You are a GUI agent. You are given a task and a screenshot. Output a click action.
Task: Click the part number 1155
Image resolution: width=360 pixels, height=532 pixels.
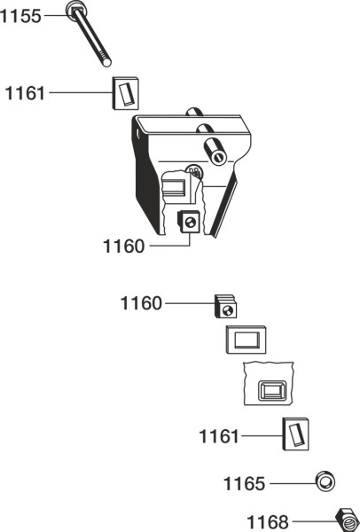point(20,16)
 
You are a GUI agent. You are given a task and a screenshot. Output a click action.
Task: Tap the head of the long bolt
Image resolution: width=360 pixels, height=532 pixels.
point(76,11)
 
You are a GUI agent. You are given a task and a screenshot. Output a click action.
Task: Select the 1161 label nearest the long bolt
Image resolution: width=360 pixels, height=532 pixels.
point(25,92)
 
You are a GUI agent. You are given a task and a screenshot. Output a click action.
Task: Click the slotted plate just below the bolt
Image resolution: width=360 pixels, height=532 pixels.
point(126,93)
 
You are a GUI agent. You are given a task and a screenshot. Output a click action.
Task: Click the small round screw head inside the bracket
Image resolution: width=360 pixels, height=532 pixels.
point(194,171)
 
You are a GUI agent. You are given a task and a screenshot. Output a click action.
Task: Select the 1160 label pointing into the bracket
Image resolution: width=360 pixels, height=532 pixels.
point(123,246)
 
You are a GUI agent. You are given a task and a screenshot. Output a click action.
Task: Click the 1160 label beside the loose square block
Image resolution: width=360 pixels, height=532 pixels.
point(141,303)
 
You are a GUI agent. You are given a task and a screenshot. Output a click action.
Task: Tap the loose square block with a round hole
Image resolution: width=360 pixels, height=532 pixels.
point(225,307)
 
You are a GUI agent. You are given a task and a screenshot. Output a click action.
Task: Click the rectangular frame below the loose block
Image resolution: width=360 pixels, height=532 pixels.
point(246,340)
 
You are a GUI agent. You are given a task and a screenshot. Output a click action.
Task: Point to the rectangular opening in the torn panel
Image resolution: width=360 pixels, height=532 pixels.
point(272,391)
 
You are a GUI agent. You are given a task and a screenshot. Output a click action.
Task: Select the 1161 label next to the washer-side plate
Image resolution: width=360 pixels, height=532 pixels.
point(219,436)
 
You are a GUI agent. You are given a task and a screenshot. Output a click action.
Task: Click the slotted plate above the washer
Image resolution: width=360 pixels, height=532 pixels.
point(295,434)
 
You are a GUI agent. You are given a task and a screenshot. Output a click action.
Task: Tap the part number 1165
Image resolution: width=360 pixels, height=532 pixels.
point(244,483)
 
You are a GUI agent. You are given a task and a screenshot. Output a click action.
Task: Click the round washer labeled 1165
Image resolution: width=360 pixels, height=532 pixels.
point(325,481)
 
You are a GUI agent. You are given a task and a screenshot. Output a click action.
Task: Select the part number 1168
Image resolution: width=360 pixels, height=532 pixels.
point(267,521)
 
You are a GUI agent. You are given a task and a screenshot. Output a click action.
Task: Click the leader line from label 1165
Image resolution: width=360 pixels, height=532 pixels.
point(293,483)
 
